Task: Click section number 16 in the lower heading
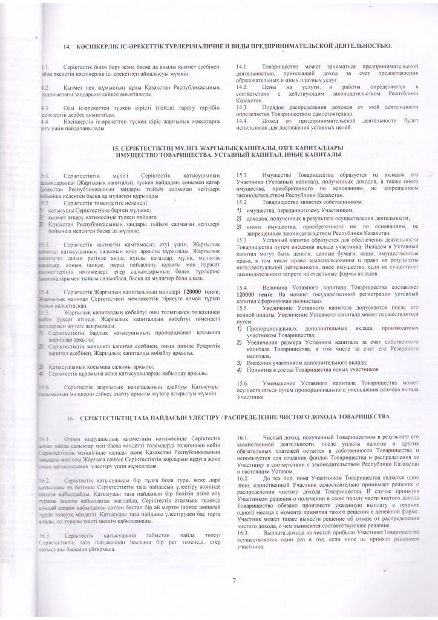(71, 418)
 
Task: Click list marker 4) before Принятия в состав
(240, 369)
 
